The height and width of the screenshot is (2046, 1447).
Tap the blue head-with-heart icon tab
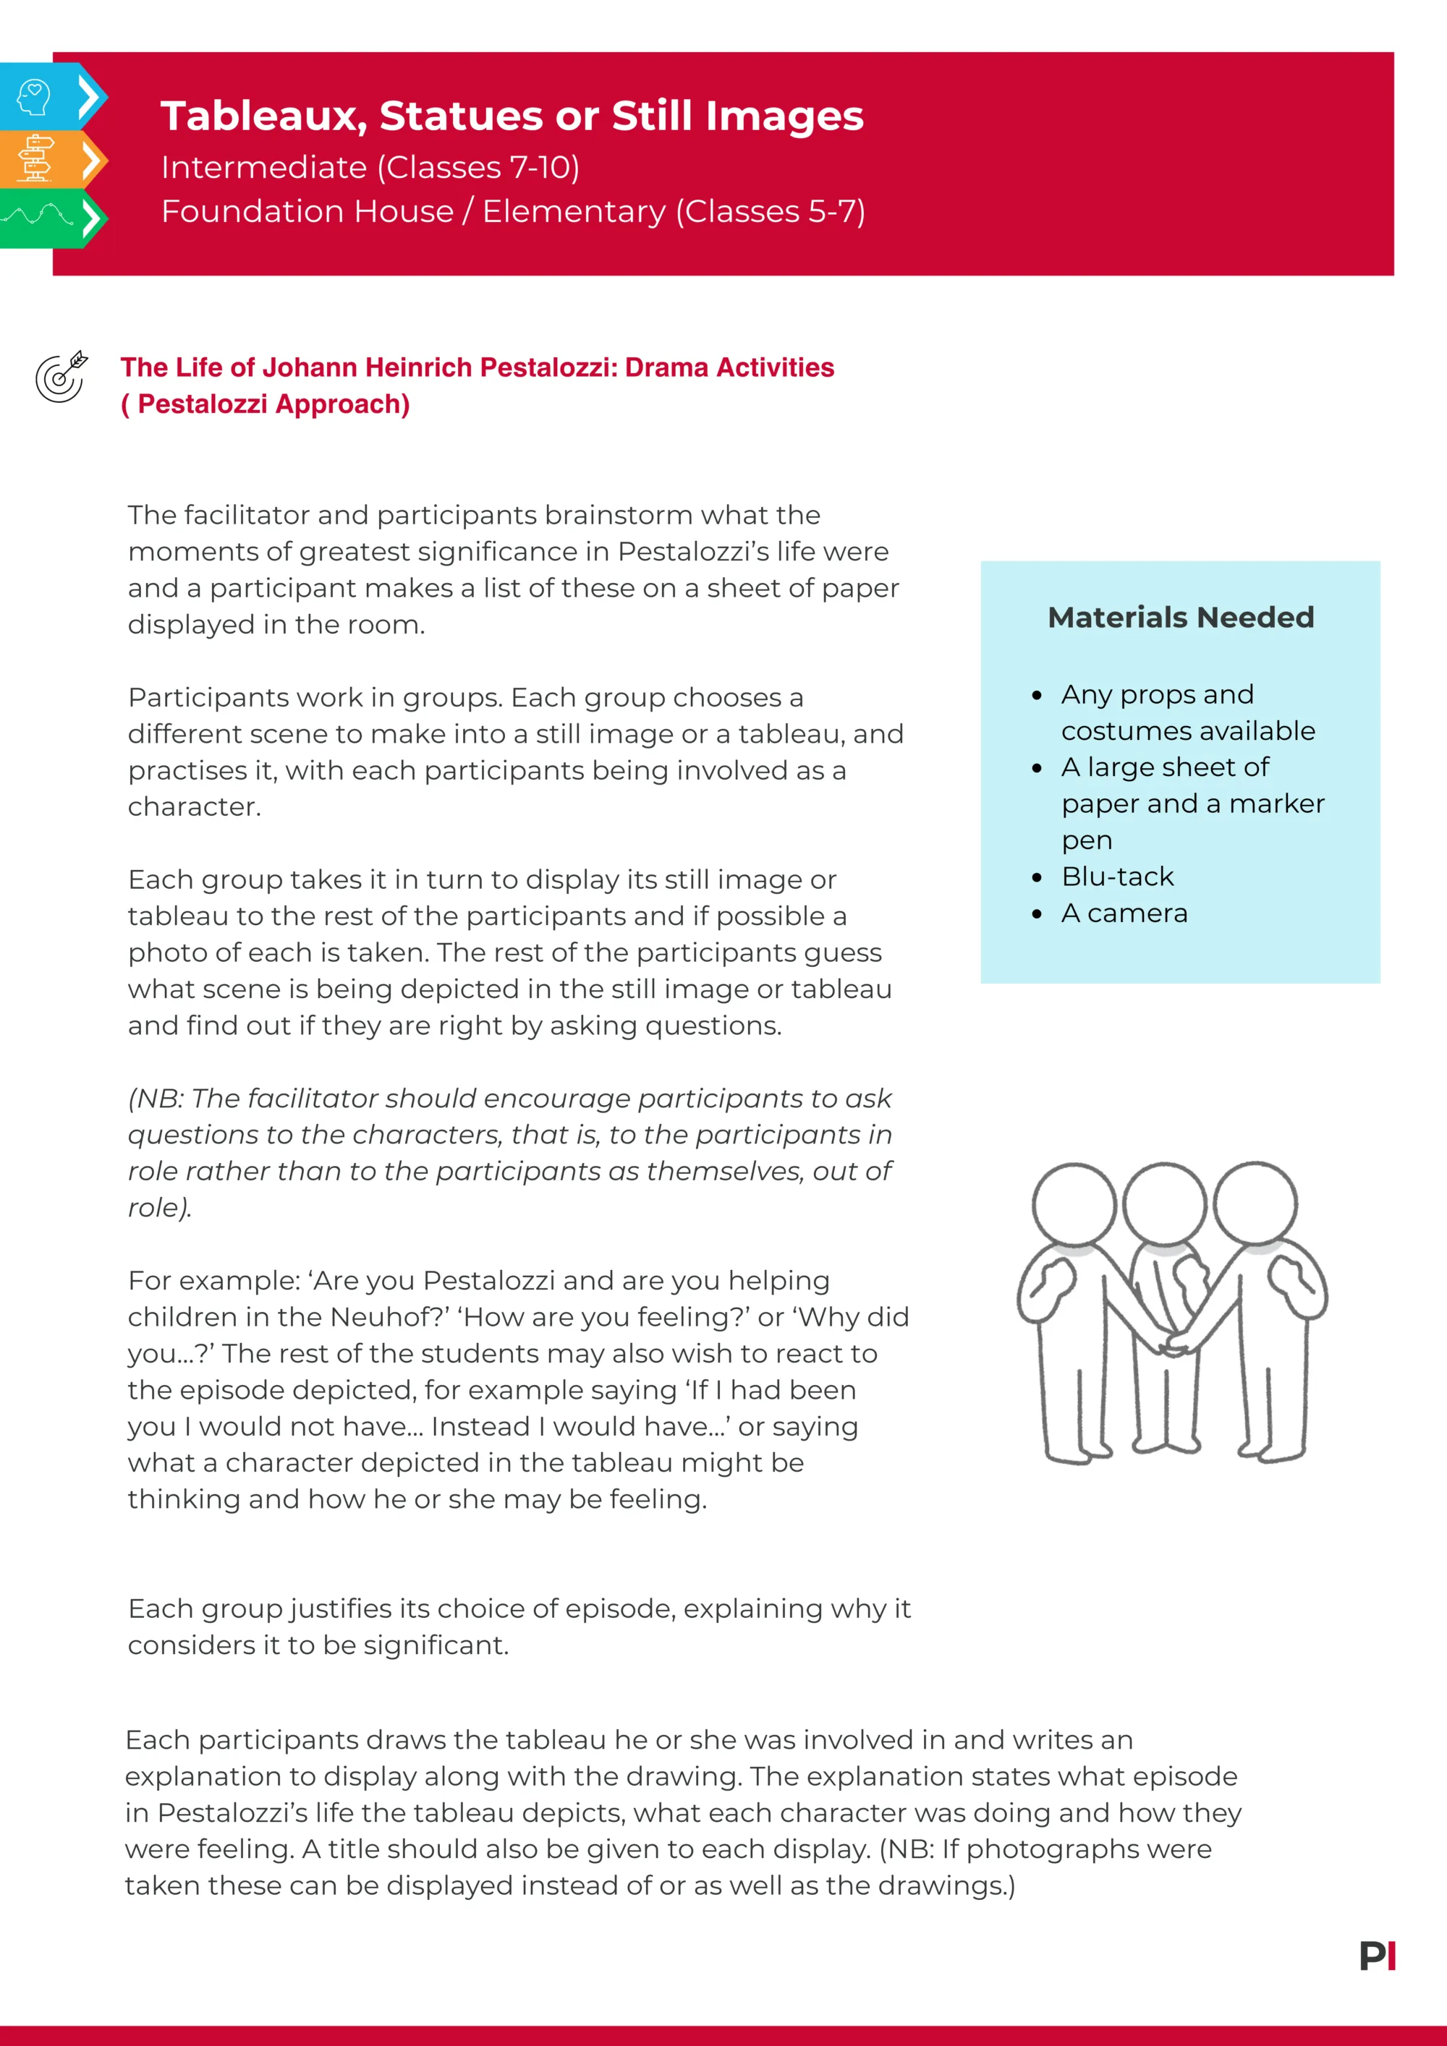pyautogui.click(x=35, y=97)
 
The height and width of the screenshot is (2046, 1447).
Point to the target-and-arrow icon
pyautogui.click(x=61, y=377)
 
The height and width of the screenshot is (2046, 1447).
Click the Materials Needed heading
pyautogui.click(x=1181, y=618)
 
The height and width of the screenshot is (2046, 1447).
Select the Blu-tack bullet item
pyautogui.click(x=1117, y=877)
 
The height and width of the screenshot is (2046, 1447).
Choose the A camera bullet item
pyautogui.click(x=1124, y=913)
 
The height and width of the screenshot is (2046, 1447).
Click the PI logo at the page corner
pyautogui.click(x=1378, y=1956)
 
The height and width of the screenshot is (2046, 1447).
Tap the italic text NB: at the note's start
pyautogui.click(x=158, y=1099)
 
